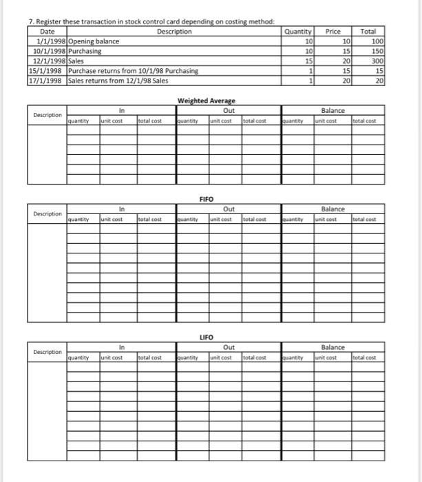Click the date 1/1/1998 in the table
(x=51, y=41)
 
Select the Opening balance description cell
(x=94, y=41)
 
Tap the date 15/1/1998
(x=47, y=71)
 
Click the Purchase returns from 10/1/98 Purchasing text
(x=134, y=71)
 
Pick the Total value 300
(x=377, y=61)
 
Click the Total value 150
(x=377, y=52)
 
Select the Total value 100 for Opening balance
(x=377, y=41)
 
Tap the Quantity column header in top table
(x=299, y=32)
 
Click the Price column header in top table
(x=333, y=32)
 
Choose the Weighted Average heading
(x=206, y=101)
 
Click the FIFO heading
(x=206, y=198)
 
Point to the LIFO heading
(x=206, y=337)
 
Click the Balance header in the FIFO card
(x=333, y=209)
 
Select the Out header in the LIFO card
(x=229, y=348)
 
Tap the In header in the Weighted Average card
(x=121, y=110)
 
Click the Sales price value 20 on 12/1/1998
(x=346, y=61)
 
